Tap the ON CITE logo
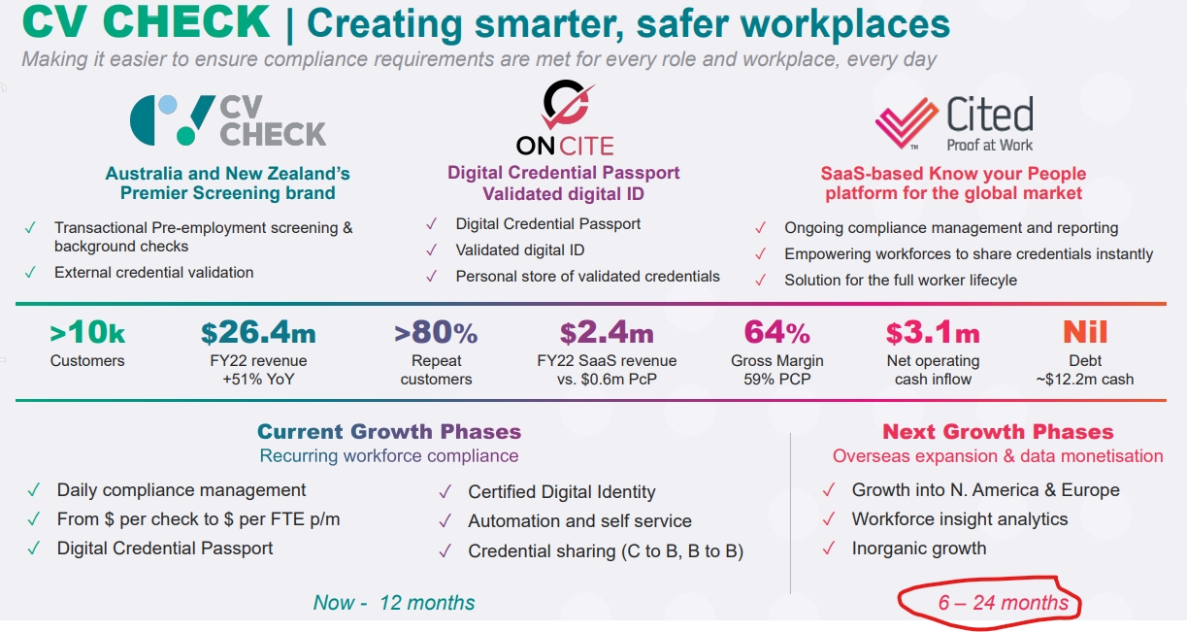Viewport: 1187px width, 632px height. coord(565,120)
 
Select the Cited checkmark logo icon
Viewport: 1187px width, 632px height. coord(907,122)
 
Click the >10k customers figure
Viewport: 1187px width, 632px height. coord(87,333)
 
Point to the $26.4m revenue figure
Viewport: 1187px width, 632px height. coord(258,333)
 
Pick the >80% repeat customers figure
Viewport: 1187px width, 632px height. coord(436,333)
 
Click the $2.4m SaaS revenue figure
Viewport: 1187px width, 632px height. coord(607,333)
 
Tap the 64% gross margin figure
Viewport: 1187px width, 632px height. coord(777,333)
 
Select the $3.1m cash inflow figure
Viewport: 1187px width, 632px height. coord(933,333)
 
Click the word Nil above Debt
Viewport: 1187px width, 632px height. coord(1085,333)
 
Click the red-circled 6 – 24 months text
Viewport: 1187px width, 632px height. coord(1003,603)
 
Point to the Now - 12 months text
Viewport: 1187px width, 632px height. coord(394,603)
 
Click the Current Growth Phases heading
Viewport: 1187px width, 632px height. coord(389,432)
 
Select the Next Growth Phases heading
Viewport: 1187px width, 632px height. coord(998,432)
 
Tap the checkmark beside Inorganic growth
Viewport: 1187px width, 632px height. coord(829,549)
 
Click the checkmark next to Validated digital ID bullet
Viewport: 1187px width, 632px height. coord(432,250)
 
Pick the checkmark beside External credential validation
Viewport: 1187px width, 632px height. coord(32,273)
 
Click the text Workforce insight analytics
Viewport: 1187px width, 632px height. coord(960,519)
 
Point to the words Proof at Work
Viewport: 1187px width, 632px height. coord(990,146)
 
